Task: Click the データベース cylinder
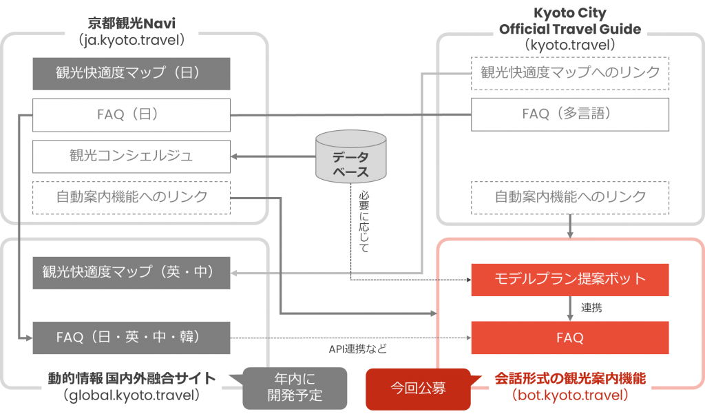click(351, 157)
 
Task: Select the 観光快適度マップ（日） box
click(131, 72)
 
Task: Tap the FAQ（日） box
click(131, 114)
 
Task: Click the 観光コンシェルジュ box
click(131, 156)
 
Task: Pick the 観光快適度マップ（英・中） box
click(131, 272)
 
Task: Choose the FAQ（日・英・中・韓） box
click(131, 338)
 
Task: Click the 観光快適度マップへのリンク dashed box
click(570, 72)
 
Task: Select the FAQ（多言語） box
click(570, 114)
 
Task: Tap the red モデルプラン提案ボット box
click(570, 279)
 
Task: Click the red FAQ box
click(570, 338)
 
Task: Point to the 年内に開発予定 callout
click(295, 388)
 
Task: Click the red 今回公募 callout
click(418, 388)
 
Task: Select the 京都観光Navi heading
click(133, 23)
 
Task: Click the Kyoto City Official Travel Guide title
click(570, 21)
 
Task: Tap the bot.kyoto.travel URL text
click(570, 396)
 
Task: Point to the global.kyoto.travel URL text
click(131, 395)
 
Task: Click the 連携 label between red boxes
click(591, 308)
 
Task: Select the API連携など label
click(357, 349)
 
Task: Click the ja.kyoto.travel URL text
click(133, 40)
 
